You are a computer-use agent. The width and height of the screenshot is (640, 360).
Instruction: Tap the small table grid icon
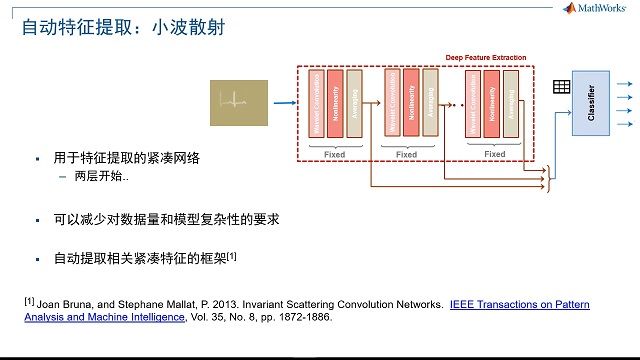(x=561, y=87)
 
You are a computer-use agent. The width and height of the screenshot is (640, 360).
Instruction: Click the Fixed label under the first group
(x=335, y=154)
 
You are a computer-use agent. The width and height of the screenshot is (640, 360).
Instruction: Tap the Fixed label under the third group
(x=494, y=154)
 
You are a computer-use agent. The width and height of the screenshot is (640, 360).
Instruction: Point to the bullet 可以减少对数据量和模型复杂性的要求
(x=166, y=218)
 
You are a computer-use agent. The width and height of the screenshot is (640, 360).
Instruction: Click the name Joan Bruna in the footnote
(x=61, y=303)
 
